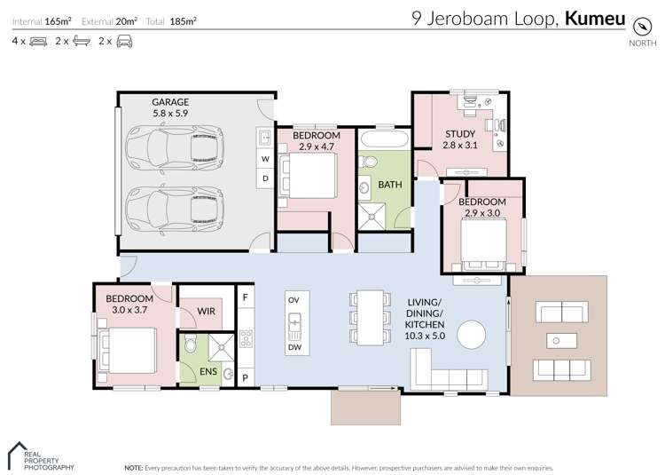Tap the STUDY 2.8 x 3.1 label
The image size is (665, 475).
[459, 140]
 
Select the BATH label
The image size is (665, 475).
[390, 185]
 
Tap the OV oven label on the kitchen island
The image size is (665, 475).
[293, 300]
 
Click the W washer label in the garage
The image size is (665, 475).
[264, 160]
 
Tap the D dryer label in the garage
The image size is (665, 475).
[264, 178]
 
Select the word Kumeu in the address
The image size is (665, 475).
[595, 19]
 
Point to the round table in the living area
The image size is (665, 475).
[472, 336]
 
